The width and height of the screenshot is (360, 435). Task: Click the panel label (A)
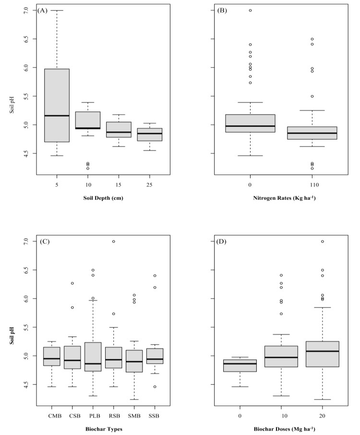click(x=43, y=10)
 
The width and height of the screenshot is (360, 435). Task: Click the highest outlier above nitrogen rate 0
click(x=250, y=10)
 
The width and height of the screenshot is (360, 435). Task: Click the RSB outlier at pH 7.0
click(x=114, y=242)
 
